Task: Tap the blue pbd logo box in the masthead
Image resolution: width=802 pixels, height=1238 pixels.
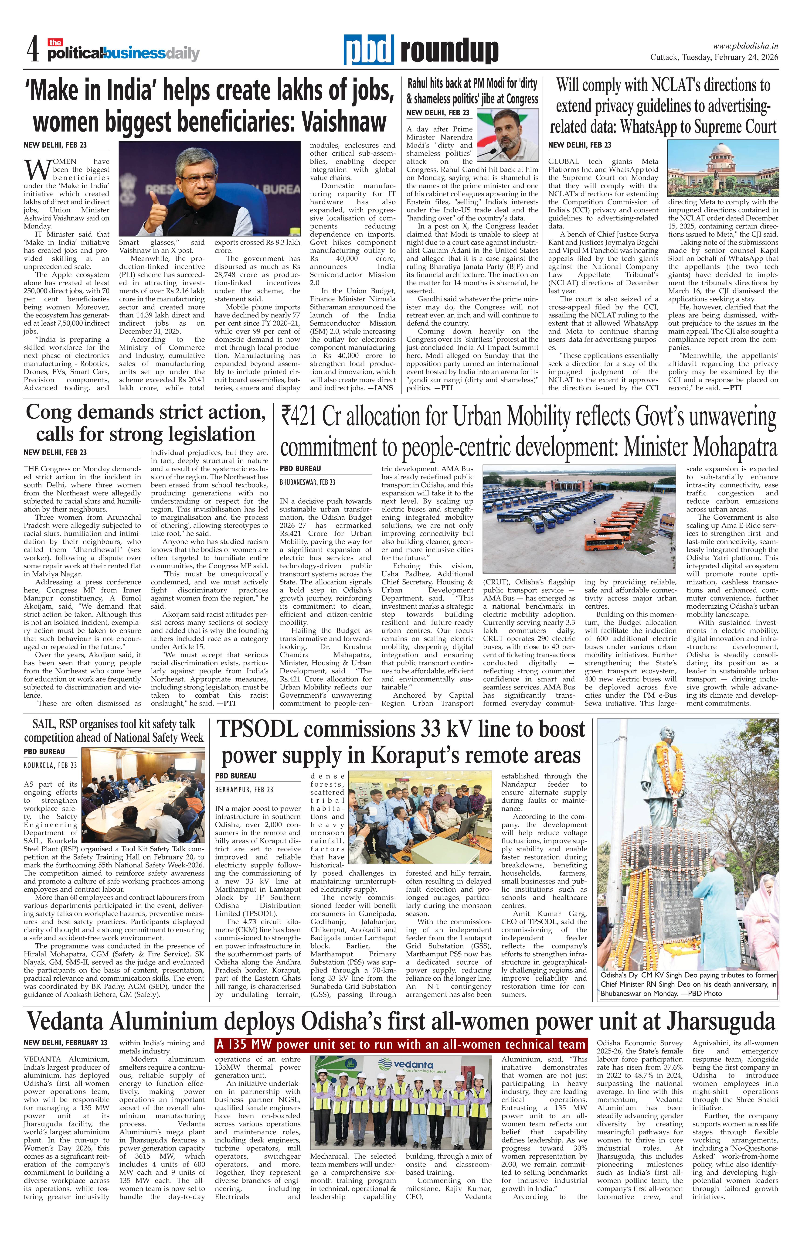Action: point(368,51)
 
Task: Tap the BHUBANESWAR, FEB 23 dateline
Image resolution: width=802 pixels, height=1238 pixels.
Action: point(307,482)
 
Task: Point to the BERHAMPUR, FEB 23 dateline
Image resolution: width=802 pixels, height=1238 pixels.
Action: point(244,790)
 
